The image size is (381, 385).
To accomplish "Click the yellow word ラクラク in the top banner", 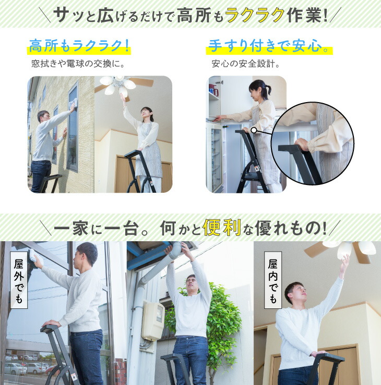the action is point(255,15).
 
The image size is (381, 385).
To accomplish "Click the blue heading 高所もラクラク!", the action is point(79,46).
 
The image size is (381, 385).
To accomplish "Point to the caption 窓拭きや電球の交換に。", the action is point(78,64).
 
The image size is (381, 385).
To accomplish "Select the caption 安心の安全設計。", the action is point(246,64).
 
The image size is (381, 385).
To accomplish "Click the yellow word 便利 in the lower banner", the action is point(222,228).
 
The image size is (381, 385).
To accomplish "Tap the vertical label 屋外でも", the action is point(19,280).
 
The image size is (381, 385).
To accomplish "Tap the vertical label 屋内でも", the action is point(272,280).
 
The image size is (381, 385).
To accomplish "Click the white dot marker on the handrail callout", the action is point(254,130).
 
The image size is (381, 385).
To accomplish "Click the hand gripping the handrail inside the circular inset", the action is point(302,144).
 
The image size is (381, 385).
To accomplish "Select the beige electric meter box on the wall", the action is point(153,321).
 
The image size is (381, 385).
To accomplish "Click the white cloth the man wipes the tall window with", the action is point(74,103).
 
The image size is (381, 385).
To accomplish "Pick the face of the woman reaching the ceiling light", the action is point(145,115).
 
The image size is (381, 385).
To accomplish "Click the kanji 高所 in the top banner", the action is point(194,15).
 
